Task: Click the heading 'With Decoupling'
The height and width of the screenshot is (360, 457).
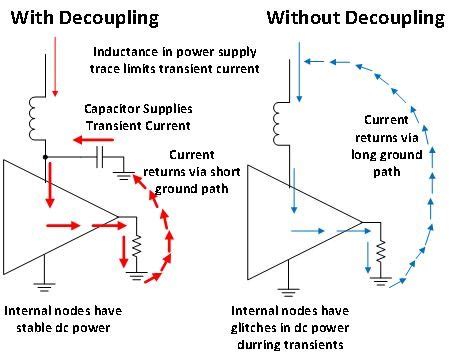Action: (82, 18)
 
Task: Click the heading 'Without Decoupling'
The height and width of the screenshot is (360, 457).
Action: (355, 18)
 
